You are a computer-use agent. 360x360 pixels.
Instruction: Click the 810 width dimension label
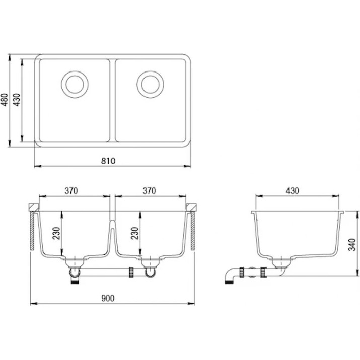coord(108,161)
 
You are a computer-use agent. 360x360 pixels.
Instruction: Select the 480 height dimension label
coord(5,100)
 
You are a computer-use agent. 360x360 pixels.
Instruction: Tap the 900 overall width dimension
coord(108,298)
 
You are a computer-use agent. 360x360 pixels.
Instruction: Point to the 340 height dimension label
coord(352,245)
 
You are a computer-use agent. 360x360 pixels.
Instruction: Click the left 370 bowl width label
coord(71,191)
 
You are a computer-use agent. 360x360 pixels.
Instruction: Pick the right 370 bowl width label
coord(149,191)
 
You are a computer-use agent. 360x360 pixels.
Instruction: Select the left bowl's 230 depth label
coord(56,233)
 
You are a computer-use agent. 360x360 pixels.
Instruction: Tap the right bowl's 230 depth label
coord(134,233)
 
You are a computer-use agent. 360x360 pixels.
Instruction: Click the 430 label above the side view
coord(292,191)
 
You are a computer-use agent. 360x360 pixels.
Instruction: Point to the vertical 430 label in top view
coord(17,100)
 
